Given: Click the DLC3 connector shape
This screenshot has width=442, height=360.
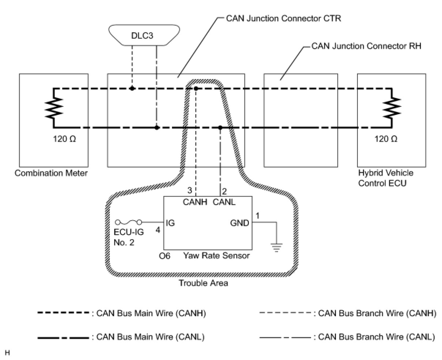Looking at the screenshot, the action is coord(144,35).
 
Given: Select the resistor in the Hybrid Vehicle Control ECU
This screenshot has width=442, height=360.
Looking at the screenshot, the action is coord(392,107).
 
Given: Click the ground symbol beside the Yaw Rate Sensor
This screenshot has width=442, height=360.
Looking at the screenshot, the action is coord(276,248).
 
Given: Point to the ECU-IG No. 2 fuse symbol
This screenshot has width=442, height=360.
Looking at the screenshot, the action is coord(128,222).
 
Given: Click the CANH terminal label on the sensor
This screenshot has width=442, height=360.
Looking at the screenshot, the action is coord(195,202).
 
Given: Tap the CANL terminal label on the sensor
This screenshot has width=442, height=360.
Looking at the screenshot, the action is coord(224,202).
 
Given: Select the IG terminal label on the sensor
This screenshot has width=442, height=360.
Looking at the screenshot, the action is coord(170,223).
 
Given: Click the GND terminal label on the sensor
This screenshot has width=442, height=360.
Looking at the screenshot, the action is coord(239,223).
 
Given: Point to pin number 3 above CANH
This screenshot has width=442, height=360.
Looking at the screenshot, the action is coord(190,190).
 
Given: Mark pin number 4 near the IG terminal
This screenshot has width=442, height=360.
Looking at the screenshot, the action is coord(158,230).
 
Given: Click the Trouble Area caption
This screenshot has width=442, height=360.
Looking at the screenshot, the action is coord(203,283).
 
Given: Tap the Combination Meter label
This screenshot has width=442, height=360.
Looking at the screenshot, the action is coord(51,173).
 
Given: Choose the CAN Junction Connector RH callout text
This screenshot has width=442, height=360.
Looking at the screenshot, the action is coord(366,46).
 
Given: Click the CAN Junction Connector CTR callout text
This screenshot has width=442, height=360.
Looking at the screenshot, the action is coord(284,18).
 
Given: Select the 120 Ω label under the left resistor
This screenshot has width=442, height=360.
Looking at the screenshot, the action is coord(64,139).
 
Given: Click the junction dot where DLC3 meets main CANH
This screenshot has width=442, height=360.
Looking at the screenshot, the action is coord(132,89).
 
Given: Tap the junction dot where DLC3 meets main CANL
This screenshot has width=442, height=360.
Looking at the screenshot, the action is coord(157,128).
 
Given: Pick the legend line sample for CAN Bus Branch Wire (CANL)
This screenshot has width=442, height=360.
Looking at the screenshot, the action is coord(285,338).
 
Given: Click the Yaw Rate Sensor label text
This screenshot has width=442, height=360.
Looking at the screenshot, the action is coord(217,256).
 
